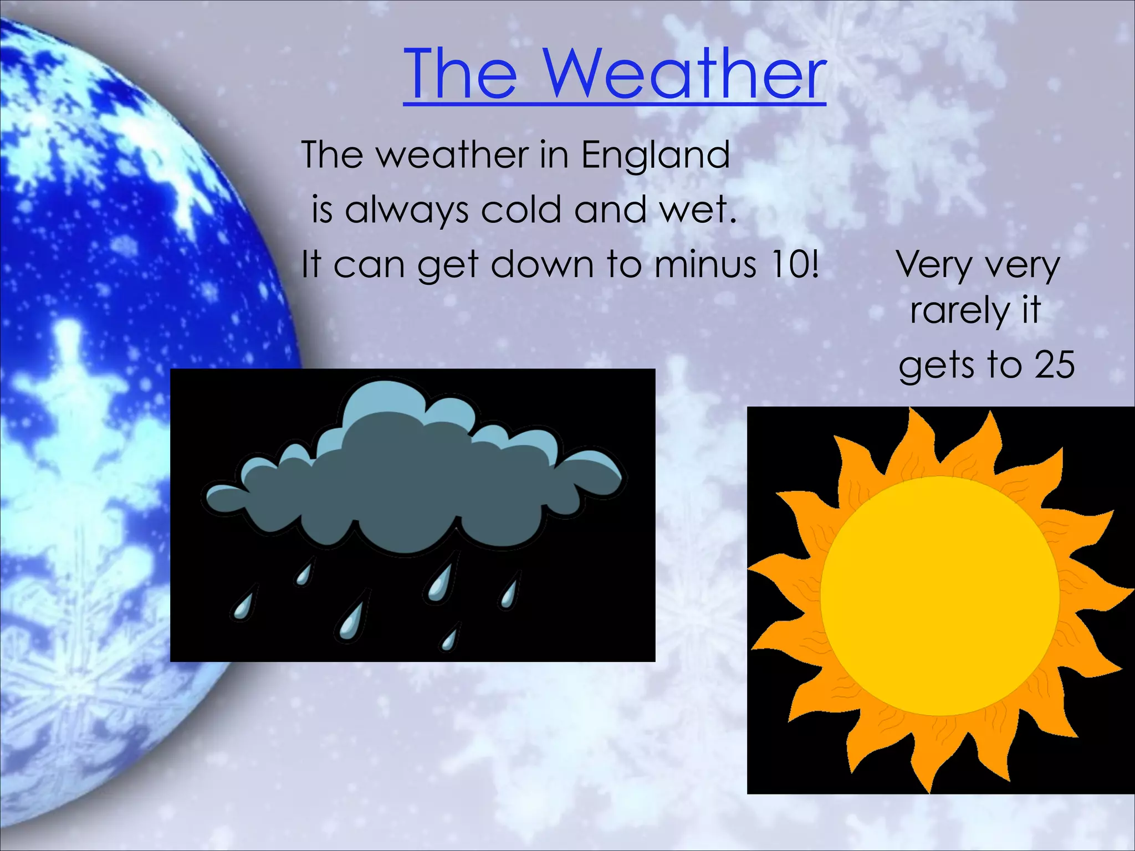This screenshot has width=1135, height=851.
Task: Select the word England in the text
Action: (x=655, y=155)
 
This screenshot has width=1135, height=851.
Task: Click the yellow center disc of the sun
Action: (x=939, y=596)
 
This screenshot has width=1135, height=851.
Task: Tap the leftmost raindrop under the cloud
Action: (x=243, y=604)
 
